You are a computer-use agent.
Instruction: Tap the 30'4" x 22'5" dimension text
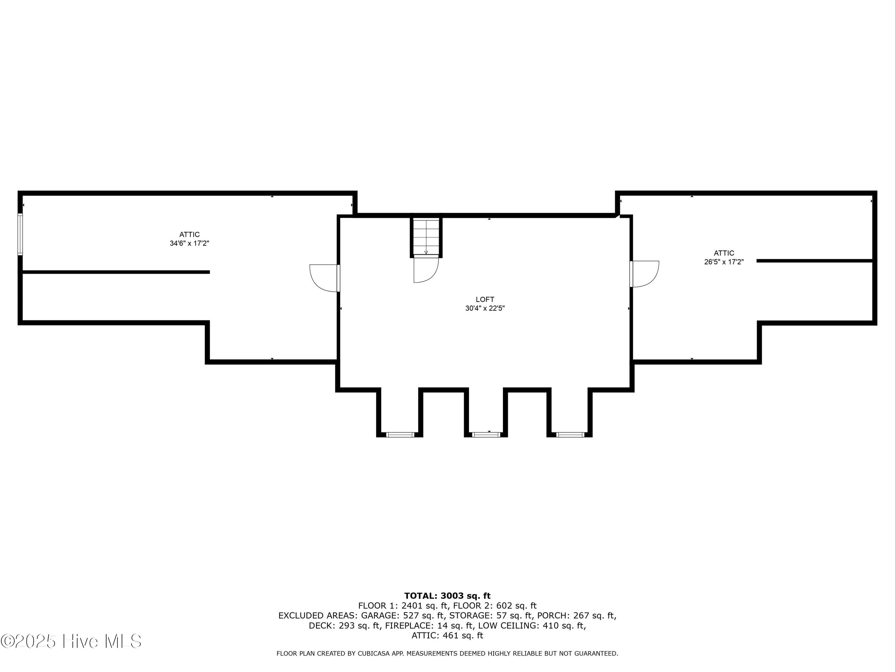pos(485,308)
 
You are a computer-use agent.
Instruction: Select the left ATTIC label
pos(189,234)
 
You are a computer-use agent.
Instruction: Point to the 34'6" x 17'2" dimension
pos(189,243)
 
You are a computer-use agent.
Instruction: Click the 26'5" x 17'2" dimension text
pos(724,262)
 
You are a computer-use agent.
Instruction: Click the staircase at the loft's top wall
pos(426,237)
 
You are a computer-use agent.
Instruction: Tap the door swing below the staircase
pos(425,269)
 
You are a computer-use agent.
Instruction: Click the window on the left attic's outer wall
pos(20,234)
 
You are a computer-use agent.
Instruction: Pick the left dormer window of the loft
pos(400,435)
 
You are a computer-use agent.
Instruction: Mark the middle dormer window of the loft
pos(486,435)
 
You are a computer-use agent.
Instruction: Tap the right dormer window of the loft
pos(570,435)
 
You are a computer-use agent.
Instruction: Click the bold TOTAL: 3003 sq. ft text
pos(447,596)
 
